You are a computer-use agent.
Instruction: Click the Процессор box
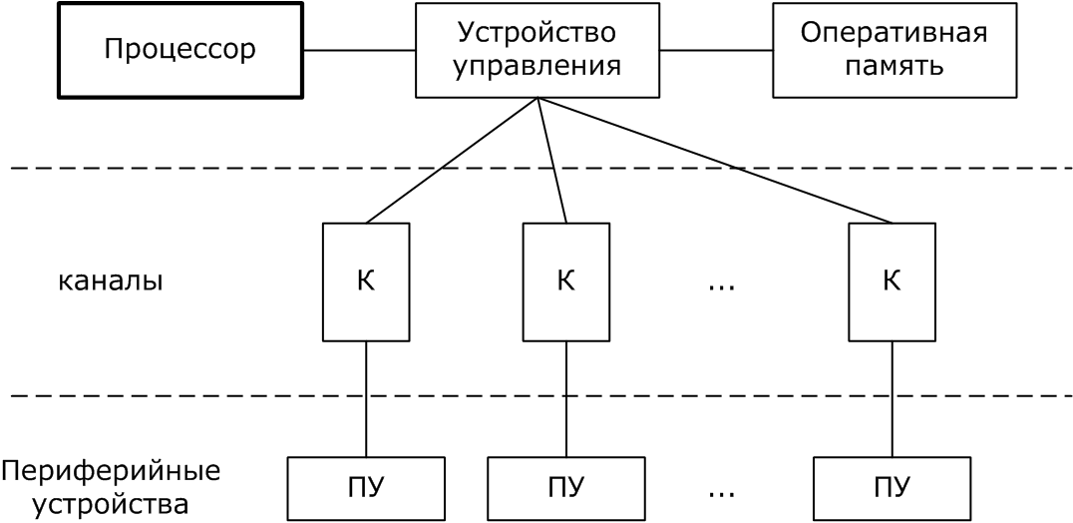(x=179, y=50)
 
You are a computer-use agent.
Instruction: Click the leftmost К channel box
(x=366, y=281)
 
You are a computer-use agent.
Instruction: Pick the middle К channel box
(x=565, y=281)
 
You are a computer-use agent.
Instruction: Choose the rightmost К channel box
(x=892, y=281)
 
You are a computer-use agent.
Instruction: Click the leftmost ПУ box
(x=366, y=488)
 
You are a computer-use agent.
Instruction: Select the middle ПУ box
(x=565, y=488)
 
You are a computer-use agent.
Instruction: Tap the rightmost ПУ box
(x=892, y=488)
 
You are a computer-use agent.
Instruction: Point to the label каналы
(x=110, y=281)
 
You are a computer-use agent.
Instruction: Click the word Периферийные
(x=111, y=469)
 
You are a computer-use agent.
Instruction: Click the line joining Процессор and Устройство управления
(x=359, y=50)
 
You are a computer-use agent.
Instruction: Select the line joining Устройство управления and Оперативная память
(x=715, y=50)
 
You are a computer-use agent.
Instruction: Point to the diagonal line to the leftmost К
(x=452, y=160)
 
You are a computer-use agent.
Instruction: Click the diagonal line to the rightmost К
(x=715, y=160)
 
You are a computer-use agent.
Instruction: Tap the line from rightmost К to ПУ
(x=892, y=399)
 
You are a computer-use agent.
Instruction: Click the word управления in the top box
(x=536, y=67)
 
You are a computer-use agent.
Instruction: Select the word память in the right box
(x=894, y=67)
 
